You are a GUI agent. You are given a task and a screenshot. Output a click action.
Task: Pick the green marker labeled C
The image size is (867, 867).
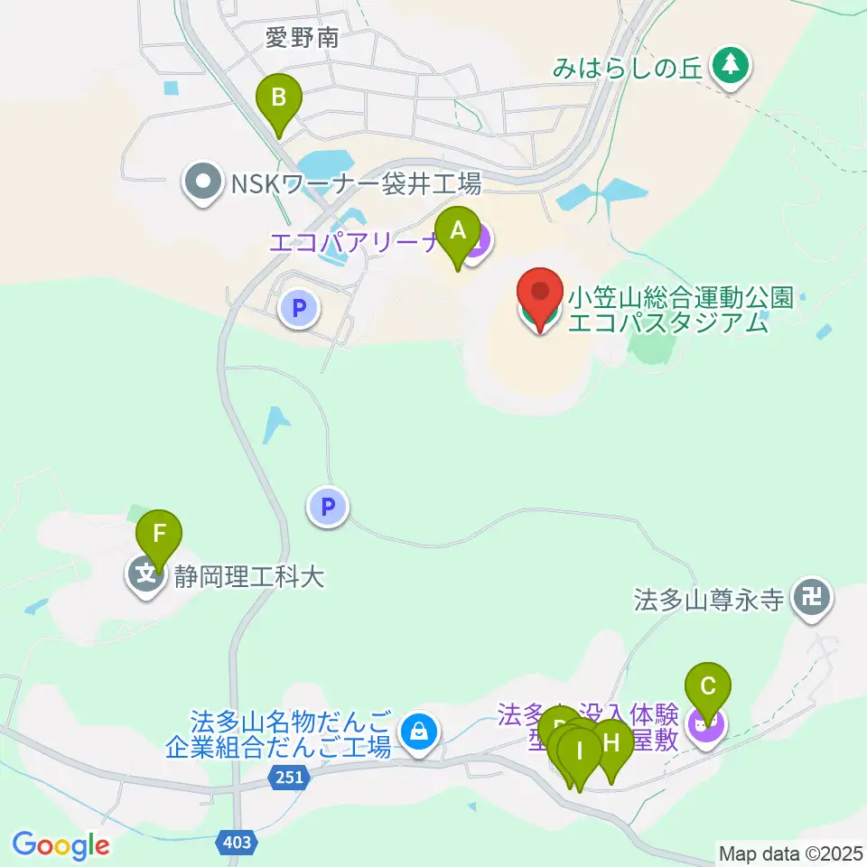(707, 692)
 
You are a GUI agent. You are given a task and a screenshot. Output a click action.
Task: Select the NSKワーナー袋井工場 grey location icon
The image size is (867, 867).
(203, 184)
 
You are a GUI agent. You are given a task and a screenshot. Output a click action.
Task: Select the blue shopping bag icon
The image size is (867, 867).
(419, 730)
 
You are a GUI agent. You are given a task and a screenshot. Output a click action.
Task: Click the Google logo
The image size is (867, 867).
(61, 845)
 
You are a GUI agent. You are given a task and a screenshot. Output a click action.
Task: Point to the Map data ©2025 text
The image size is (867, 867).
(791, 852)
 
